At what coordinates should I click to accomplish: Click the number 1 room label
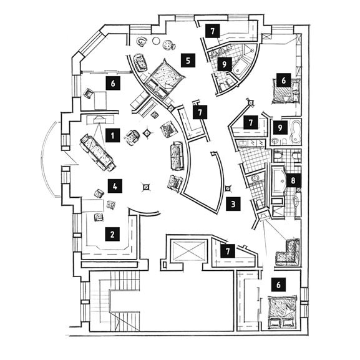coord(112,135)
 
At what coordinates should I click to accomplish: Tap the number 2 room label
coord(112,234)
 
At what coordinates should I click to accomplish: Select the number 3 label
coord(233,204)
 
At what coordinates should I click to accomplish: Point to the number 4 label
coord(115,186)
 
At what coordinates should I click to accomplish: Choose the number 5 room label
coord(188,61)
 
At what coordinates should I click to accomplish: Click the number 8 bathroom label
coord(293,181)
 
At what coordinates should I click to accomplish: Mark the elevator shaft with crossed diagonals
coord(188,250)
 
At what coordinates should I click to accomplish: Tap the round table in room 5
coord(156,41)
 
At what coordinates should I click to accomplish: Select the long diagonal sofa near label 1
coord(97,152)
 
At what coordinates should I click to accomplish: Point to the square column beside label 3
coord(228,188)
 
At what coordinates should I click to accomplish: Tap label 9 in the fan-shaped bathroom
coord(225,64)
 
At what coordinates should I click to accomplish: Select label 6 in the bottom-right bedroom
coord(278,285)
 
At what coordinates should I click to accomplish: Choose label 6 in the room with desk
coord(113,83)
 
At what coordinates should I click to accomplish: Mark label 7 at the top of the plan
coord(213,31)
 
